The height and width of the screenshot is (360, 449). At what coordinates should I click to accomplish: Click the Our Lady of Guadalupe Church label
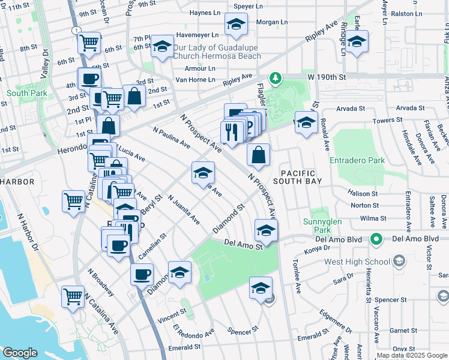point(217,52)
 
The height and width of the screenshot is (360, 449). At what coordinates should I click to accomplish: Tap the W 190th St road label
point(328,77)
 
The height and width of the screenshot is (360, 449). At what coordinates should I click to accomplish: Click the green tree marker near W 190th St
point(275,78)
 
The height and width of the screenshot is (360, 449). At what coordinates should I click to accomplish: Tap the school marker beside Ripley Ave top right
point(357,42)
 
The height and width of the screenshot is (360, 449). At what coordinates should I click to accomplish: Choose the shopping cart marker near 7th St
point(89,43)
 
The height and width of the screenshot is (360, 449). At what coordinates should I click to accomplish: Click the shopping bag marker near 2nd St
point(134,96)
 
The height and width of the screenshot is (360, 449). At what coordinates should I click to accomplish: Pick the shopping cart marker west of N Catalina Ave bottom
point(73,296)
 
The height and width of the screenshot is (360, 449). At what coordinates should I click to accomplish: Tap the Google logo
point(20,353)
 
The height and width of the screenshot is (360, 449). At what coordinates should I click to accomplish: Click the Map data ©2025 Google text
point(411,356)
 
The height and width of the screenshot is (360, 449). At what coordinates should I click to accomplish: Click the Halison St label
point(363,193)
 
